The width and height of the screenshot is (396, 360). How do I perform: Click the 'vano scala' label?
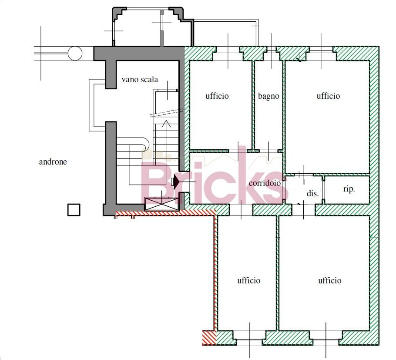(140, 80)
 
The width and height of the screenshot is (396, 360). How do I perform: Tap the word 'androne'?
(53, 161)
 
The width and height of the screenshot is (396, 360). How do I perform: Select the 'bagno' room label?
(268, 96)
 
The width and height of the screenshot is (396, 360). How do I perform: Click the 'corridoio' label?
(265, 183)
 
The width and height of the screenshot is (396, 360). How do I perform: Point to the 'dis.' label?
(312, 194)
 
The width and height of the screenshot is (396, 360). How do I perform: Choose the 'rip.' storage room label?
(349, 189)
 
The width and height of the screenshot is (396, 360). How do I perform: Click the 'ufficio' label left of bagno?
(217, 96)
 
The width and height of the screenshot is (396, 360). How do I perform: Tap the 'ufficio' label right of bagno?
(328, 96)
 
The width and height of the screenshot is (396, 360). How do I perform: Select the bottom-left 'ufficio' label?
(249, 280)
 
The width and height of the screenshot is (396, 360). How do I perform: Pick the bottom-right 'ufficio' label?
(329, 280)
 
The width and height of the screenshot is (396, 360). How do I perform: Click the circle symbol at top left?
(75, 53)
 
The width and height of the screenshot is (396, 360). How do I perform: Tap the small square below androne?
(74, 210)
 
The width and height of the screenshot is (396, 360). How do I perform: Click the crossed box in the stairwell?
(162, 204)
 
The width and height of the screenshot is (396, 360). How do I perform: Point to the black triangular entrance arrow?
(177, 182)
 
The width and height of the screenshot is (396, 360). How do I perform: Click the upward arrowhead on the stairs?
(166, 124)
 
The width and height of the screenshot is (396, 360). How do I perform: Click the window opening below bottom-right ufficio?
(326, 342)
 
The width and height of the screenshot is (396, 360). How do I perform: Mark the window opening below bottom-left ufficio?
(249, 342)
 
